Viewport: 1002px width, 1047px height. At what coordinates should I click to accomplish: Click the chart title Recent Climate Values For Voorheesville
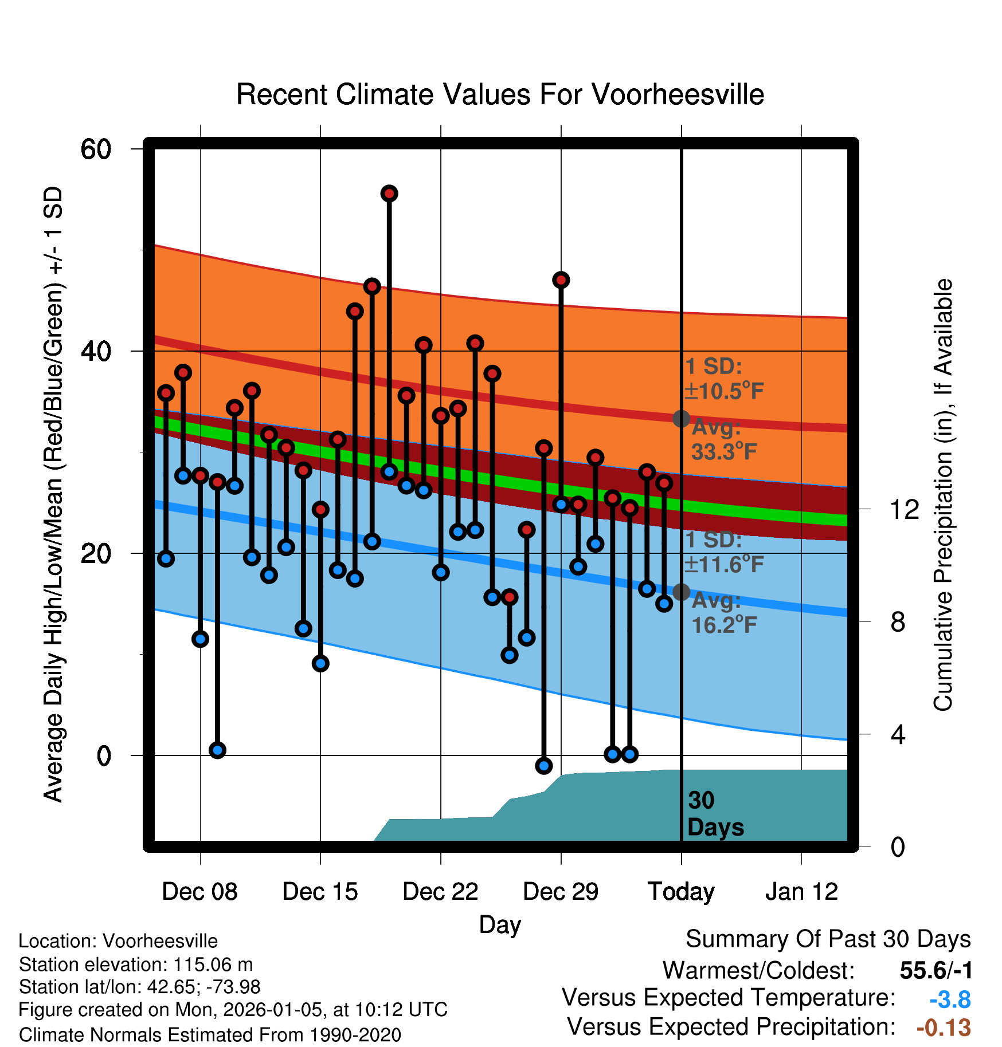500,95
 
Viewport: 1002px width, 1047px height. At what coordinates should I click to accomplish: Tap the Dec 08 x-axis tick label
199,892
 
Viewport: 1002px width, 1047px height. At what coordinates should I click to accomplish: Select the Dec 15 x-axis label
320,892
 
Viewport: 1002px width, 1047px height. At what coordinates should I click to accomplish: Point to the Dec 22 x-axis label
440,892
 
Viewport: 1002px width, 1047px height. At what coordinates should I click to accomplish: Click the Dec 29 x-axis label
561,892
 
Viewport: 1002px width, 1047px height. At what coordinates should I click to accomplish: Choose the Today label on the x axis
681,892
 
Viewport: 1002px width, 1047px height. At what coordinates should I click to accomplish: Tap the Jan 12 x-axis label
801,892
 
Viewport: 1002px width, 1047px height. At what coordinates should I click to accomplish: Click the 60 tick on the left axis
96,149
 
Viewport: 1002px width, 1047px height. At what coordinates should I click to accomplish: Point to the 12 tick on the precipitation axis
904,509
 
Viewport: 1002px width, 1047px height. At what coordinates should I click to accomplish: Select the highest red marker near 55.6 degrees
389,194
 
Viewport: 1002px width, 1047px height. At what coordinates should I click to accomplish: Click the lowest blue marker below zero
544,765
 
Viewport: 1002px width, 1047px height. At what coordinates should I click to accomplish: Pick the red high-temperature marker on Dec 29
561,280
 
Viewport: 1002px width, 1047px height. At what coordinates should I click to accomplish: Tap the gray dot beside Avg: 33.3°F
681,419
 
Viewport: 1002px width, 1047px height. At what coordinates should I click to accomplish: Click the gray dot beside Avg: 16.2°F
681,592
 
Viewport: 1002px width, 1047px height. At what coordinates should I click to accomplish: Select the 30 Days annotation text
714,814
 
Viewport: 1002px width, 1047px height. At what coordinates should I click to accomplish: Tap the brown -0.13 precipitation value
944,1028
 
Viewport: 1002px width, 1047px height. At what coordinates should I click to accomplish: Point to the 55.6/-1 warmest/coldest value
936,971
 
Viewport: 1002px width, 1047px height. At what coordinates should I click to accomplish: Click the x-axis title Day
500,924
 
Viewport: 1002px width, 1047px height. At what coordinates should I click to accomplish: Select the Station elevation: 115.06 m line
136,965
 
